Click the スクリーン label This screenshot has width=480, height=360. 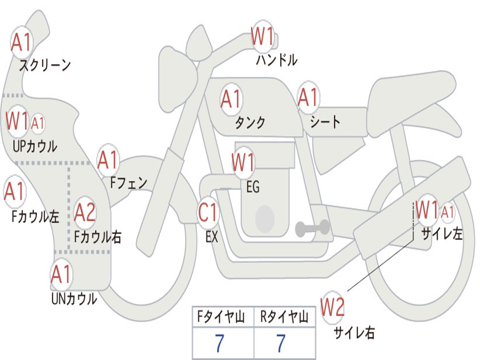(x=45, y=65)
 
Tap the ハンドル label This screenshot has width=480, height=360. (x=277, y=60)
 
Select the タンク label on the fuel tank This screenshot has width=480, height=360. (x=250, y=122)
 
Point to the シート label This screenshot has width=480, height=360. (x=325, y=122)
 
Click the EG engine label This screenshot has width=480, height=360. (x=253, y=187)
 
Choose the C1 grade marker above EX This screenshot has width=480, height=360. (x=208, y=212)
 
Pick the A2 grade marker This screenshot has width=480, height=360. (x=85, y=212)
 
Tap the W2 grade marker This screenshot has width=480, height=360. (x=332, y=307)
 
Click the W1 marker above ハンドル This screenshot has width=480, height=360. (x=262, y=36)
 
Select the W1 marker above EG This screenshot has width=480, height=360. (x=243, y=161)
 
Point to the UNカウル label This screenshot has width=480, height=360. (x=74, y=299)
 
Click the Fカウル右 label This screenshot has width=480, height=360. (x=97, y=237)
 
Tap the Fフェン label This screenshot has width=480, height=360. (x=128, y=183)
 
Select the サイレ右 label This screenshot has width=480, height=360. (x=354, y=332)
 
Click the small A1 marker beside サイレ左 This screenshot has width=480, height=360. (x=447, y=212)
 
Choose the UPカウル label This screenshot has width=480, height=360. (x=35, y=146)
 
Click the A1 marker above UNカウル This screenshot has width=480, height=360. (x=61, y=274)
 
